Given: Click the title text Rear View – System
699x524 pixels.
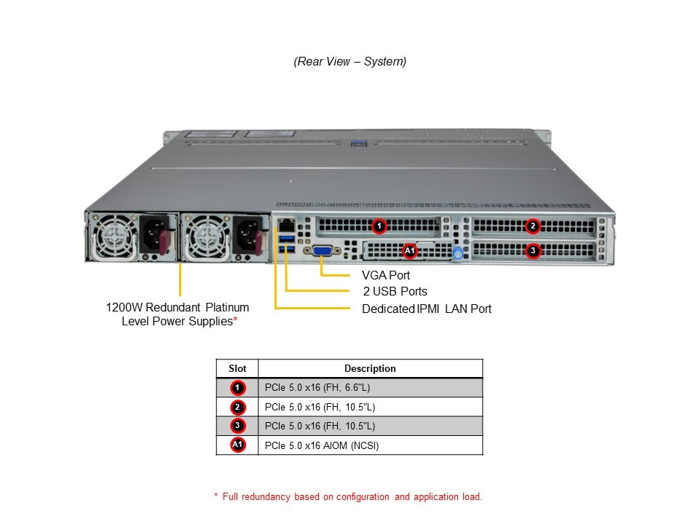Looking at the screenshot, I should (x=349, y=62).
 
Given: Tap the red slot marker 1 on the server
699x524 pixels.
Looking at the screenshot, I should (x=379, y=226).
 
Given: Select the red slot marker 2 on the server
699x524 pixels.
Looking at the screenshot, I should (x=533, y=226).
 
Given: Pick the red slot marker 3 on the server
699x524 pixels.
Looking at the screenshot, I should (x=533, y=250).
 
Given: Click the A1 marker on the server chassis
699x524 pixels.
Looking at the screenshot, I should (x=410, y=251).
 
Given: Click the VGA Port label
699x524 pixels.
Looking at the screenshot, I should (x=386, y=275).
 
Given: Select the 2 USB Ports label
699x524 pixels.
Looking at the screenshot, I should (x=395, y=292).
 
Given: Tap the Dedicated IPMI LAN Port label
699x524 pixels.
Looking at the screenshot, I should (x=427, y=309).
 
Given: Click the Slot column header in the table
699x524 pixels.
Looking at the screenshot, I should (x=237, y=368).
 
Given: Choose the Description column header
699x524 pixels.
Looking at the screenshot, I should (x=370, y=368).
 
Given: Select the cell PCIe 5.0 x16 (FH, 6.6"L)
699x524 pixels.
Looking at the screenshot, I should (x=323, y=388).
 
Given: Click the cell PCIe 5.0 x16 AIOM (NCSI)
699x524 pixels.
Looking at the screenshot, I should (x=322, y=445).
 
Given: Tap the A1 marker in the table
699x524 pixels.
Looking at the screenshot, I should (x=238, y=445).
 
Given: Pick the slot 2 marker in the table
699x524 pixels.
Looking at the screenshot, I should (x=238, y=407).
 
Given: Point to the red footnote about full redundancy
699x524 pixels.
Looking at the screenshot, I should (x=348, y=497).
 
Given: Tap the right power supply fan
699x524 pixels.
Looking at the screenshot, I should (x=206, y=236).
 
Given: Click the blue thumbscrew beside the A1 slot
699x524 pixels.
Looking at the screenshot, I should (x=458, y=254).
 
